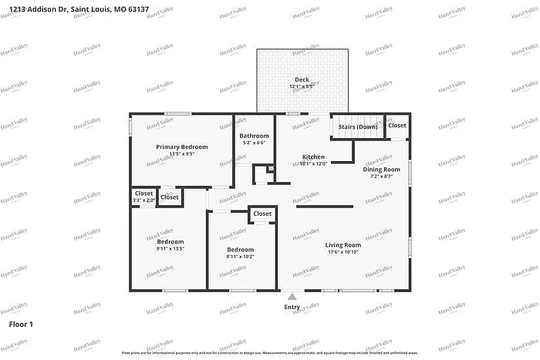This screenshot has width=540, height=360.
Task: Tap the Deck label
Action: pos(302,79)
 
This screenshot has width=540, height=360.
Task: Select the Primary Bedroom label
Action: pos(182,146)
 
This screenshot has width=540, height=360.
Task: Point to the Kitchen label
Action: pos(313,156)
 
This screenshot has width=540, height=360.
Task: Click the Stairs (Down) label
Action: pos(357,126)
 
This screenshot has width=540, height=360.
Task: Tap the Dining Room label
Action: pos(382,169)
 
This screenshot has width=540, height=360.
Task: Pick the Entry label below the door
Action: pos(292,307)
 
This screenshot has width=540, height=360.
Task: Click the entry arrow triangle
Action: pos(292,296)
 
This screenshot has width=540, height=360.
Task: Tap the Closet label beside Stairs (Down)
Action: pos(397,125)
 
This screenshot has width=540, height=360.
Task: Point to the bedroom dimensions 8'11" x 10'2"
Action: pos(240,257)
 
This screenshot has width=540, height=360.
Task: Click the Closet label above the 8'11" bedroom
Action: pos(262,214)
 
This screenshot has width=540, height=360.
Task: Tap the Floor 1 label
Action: pos(21,325)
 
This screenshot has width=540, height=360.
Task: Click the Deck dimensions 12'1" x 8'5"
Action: pos(302,86)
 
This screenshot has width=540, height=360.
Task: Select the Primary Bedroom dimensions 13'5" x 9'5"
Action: pos(182,153)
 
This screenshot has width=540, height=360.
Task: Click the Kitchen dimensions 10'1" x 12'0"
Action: pos(313,163)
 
